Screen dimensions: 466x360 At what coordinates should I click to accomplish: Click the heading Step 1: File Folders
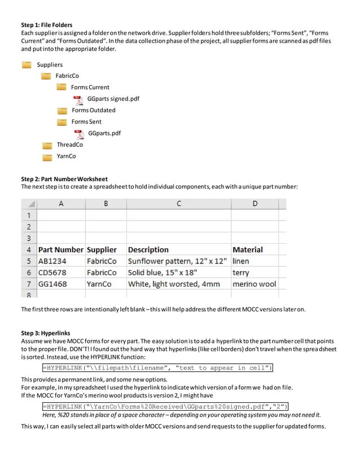[47, 25]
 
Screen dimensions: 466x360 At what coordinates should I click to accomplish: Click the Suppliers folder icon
[27, 65]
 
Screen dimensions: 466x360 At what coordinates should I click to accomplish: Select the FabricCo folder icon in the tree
[46, 76]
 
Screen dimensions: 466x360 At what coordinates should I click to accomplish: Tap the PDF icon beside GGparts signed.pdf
[78, 99]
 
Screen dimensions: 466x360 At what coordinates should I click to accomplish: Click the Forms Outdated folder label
[93, 111]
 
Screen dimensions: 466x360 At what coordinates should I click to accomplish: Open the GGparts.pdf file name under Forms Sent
[104, 134]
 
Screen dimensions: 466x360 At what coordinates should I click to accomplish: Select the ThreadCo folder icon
[47, 145]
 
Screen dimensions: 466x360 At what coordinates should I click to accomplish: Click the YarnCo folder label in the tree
[66, 156]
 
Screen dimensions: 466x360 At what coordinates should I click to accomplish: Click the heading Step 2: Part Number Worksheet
[64, 179]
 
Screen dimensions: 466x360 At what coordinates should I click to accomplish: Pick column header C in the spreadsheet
[178, 204]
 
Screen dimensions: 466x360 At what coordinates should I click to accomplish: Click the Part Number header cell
[61, 249]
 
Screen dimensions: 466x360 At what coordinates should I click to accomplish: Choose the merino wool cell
[254, 284]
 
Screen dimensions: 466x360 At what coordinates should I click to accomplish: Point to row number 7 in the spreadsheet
[28, 284]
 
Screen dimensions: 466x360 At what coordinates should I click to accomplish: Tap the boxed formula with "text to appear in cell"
[158, 368]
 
